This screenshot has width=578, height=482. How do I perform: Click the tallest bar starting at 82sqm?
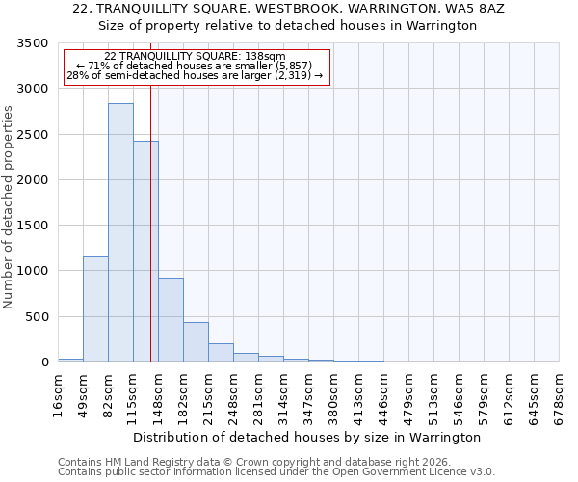[120, 232]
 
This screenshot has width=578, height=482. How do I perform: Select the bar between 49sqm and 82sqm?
[95, 308]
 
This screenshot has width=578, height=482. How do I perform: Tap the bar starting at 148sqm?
[171, 319]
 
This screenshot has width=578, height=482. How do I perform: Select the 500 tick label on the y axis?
[38, 317]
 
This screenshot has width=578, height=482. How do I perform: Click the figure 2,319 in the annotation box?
[301, 75]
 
